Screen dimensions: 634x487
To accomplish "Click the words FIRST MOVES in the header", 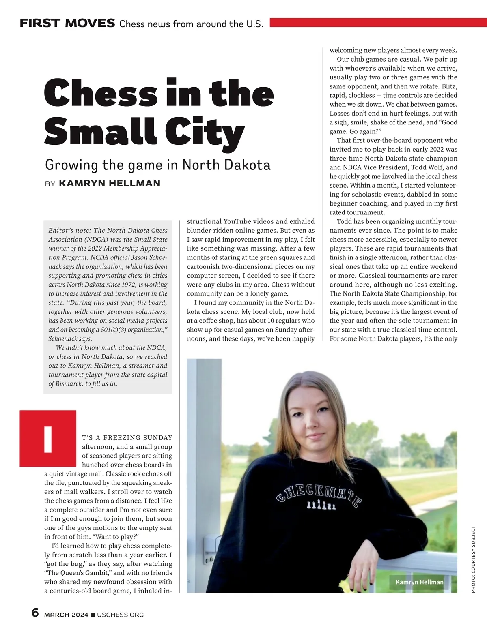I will (x=67, y=23).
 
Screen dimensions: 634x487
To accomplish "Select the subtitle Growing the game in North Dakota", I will (x=157, y=165).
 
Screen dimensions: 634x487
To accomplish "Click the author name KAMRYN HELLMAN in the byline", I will (x=110, y=183).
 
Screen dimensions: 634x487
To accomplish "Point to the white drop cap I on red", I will (x=48, y=439).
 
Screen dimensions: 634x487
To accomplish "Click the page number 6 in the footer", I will (x=35, y=613).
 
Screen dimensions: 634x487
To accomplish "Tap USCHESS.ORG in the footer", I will (x=120, y=615).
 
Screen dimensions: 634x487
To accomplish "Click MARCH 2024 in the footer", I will (x=66, y=615).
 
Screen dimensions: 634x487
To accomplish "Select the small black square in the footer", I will (x=93, y=615).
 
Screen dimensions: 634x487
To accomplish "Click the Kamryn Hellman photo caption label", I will (x=419, y=582).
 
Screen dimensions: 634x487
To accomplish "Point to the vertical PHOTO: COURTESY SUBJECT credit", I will (x=473, y=559).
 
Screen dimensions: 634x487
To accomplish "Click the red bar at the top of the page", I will (x=378, y=22).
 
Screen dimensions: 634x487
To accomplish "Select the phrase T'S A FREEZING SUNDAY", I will (x=127, y=438).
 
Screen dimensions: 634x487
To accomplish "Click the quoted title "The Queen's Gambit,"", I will (x=78, y=573).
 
